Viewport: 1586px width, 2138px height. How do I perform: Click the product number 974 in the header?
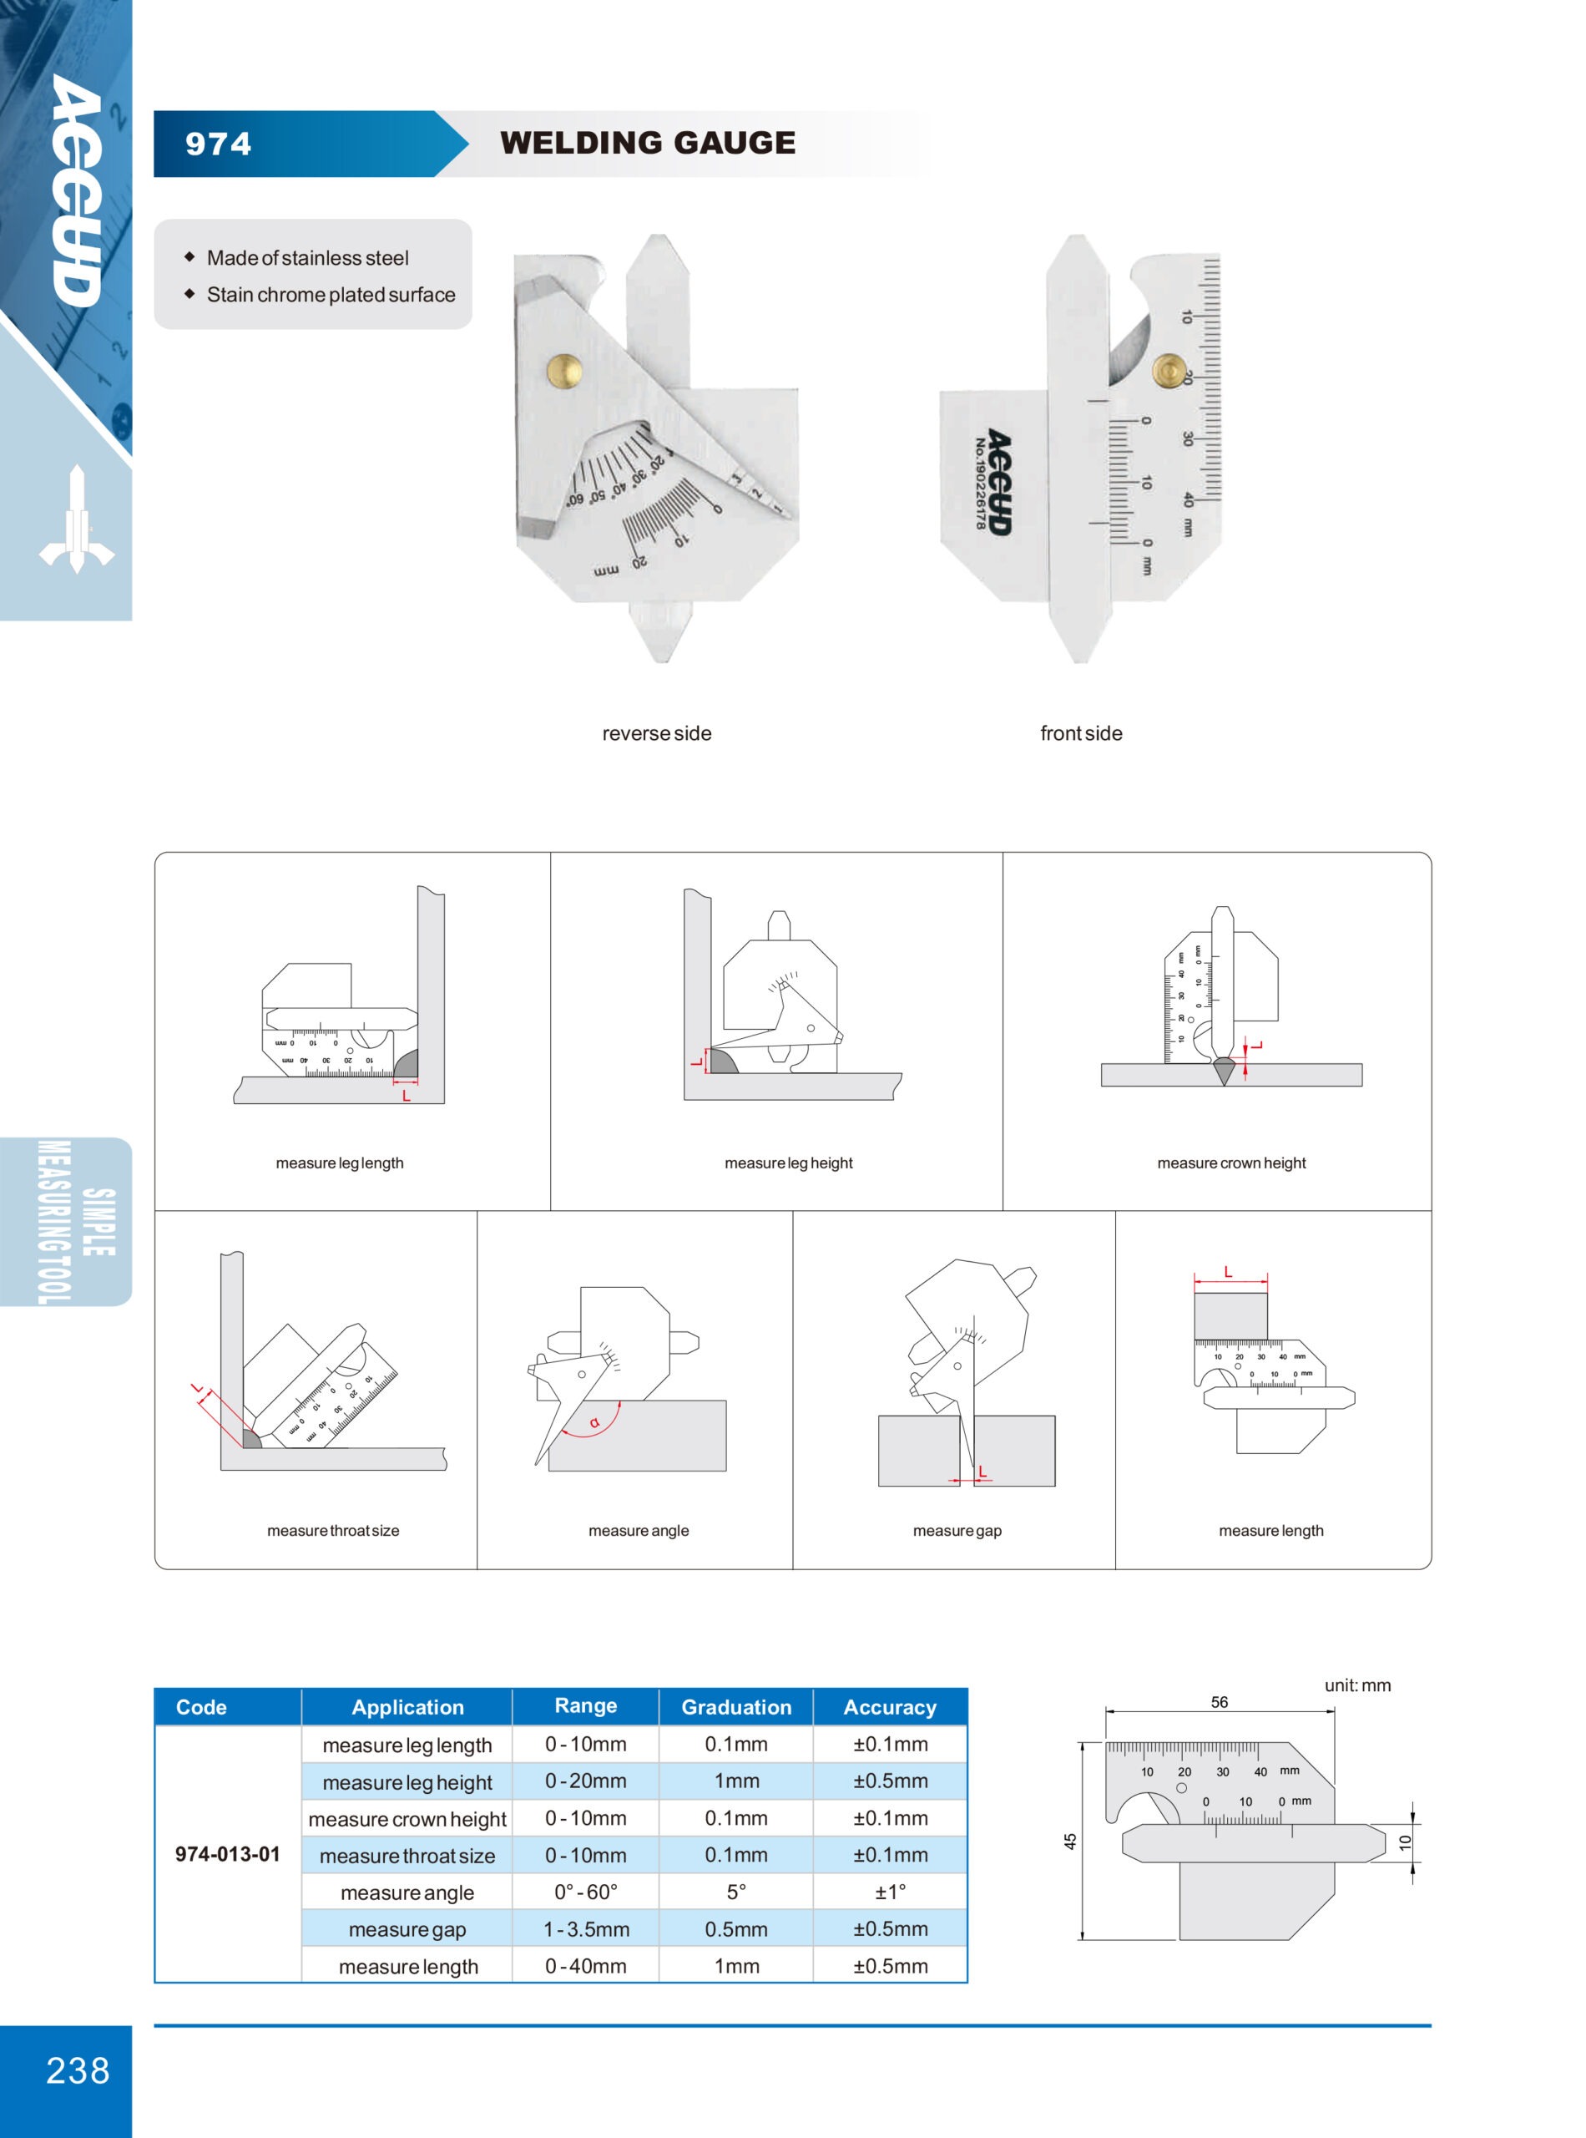218,144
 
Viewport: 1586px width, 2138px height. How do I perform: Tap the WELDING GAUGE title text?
647,143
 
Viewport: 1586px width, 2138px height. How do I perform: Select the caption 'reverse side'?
657,734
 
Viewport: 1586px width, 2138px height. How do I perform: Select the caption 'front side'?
1081,734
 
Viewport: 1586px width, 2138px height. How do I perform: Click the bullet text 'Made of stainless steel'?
307,258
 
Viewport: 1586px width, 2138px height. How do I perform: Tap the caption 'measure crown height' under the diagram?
1230,1163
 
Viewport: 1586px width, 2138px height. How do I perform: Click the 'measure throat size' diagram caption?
333,1531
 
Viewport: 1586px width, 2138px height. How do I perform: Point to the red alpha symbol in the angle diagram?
594,1422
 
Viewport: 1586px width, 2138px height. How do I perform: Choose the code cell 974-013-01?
228,1855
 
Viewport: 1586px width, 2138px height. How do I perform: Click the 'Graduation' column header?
736,1708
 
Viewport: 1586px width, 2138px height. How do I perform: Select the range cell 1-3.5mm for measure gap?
586,1929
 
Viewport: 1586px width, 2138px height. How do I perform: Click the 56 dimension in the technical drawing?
1220,1702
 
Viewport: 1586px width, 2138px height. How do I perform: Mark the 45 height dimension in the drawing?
1070,1842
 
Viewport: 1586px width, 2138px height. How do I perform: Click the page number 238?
78,2070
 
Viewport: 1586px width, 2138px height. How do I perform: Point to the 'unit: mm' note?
1357,1685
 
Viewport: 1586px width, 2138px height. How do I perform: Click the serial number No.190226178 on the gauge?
980,483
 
